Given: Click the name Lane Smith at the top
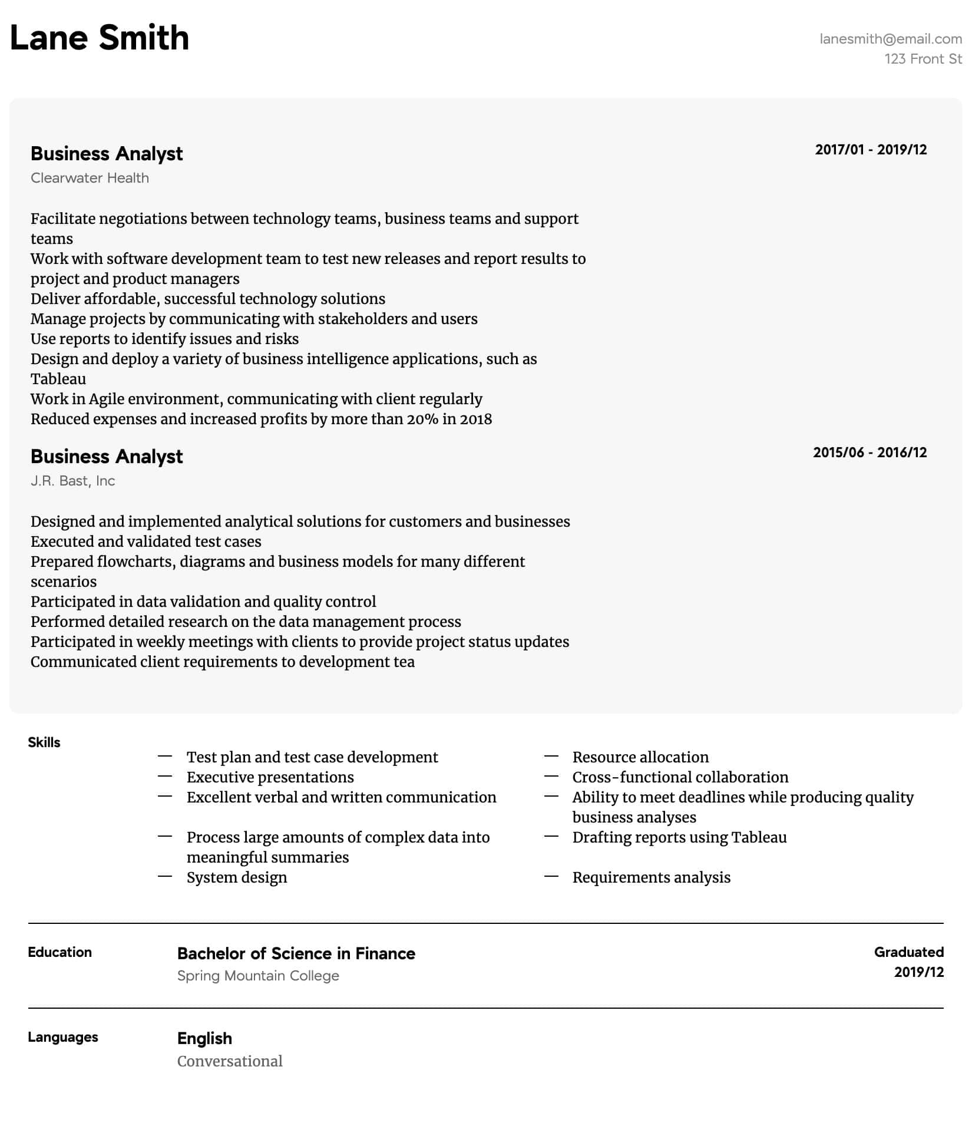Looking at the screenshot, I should (x=100, y=38).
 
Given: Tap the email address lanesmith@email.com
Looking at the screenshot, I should (x=891, y=39).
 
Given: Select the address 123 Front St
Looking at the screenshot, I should (x=923, y=59).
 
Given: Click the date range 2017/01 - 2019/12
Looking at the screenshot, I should (x=870, y=150).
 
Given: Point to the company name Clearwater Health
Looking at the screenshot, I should (x=90, y=178).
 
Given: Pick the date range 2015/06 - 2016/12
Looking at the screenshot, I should (x=869, y=453).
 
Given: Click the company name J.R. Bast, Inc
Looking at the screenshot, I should (x=72, y=481).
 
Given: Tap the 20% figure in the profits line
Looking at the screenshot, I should (x=422, y=419).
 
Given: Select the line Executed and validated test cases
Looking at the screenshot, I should (x=146, y=541).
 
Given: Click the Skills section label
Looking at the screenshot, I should (x=44, y=742).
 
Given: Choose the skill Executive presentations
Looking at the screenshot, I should (x=270, y=777).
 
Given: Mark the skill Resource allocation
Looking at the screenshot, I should (x=640, y=757).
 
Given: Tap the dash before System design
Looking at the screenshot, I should (x=165, y=877).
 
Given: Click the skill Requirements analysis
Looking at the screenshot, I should (x=651, y=877).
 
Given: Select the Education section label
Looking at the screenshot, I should (x=59, y=952).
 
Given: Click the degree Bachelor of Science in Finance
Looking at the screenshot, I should (x=296, y=953).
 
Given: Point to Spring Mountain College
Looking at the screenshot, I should (x=258, y=976).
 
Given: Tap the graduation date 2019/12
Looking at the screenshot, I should (x=918, y=972).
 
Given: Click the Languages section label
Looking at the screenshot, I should (x=63, y=1037).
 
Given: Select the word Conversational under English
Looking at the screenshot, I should (x=230, y=1061).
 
